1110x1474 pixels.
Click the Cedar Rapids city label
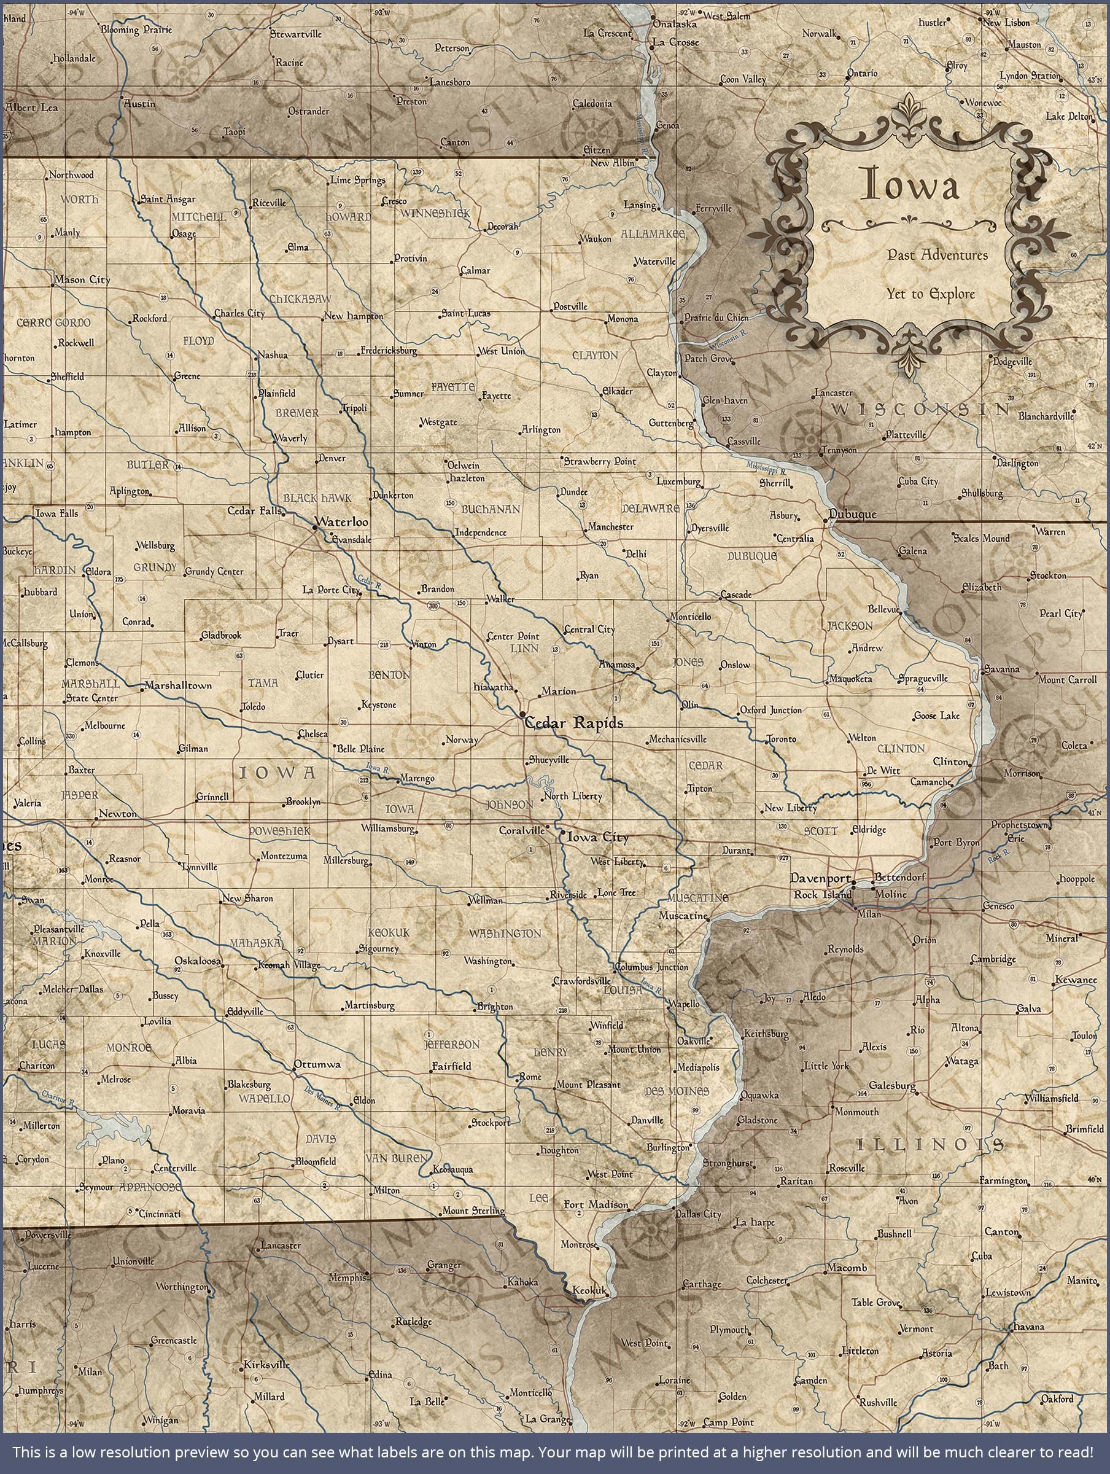click(574, 723)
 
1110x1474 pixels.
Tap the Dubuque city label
click(853, 515)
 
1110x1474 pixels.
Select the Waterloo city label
click(342, 522)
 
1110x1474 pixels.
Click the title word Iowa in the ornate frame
click(912, 185)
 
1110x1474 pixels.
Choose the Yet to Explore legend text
click(930, 294)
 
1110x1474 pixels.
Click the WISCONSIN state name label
click(922, 408)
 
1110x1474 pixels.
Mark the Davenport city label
click(820, 878)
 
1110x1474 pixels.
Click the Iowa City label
click(596, 838)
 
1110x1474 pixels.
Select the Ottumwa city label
click(317, 1064)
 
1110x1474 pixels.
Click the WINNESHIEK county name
click(436, 213)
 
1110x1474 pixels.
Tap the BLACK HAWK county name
click(317, 497)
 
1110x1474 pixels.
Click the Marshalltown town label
click(178, 685)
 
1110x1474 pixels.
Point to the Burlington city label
click(667, 1147)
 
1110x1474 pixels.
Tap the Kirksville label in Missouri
click(266, 1364)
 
